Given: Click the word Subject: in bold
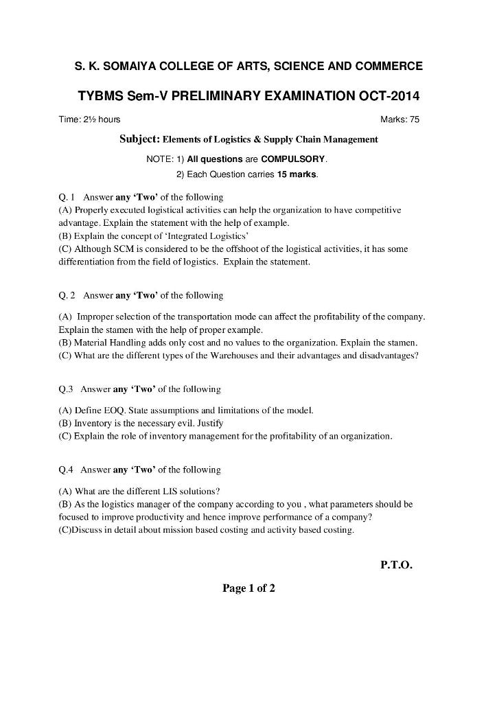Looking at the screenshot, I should [139, 139].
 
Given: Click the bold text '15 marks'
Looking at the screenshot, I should [297, 174].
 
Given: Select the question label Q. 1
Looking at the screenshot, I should [68, 198].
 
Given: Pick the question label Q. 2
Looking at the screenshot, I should [68, 295].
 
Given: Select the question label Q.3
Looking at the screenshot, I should [67, 389].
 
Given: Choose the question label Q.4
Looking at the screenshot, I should [67, 470].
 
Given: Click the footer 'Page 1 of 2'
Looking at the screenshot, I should [248, 588].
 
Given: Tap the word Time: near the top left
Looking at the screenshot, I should [70, 120].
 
